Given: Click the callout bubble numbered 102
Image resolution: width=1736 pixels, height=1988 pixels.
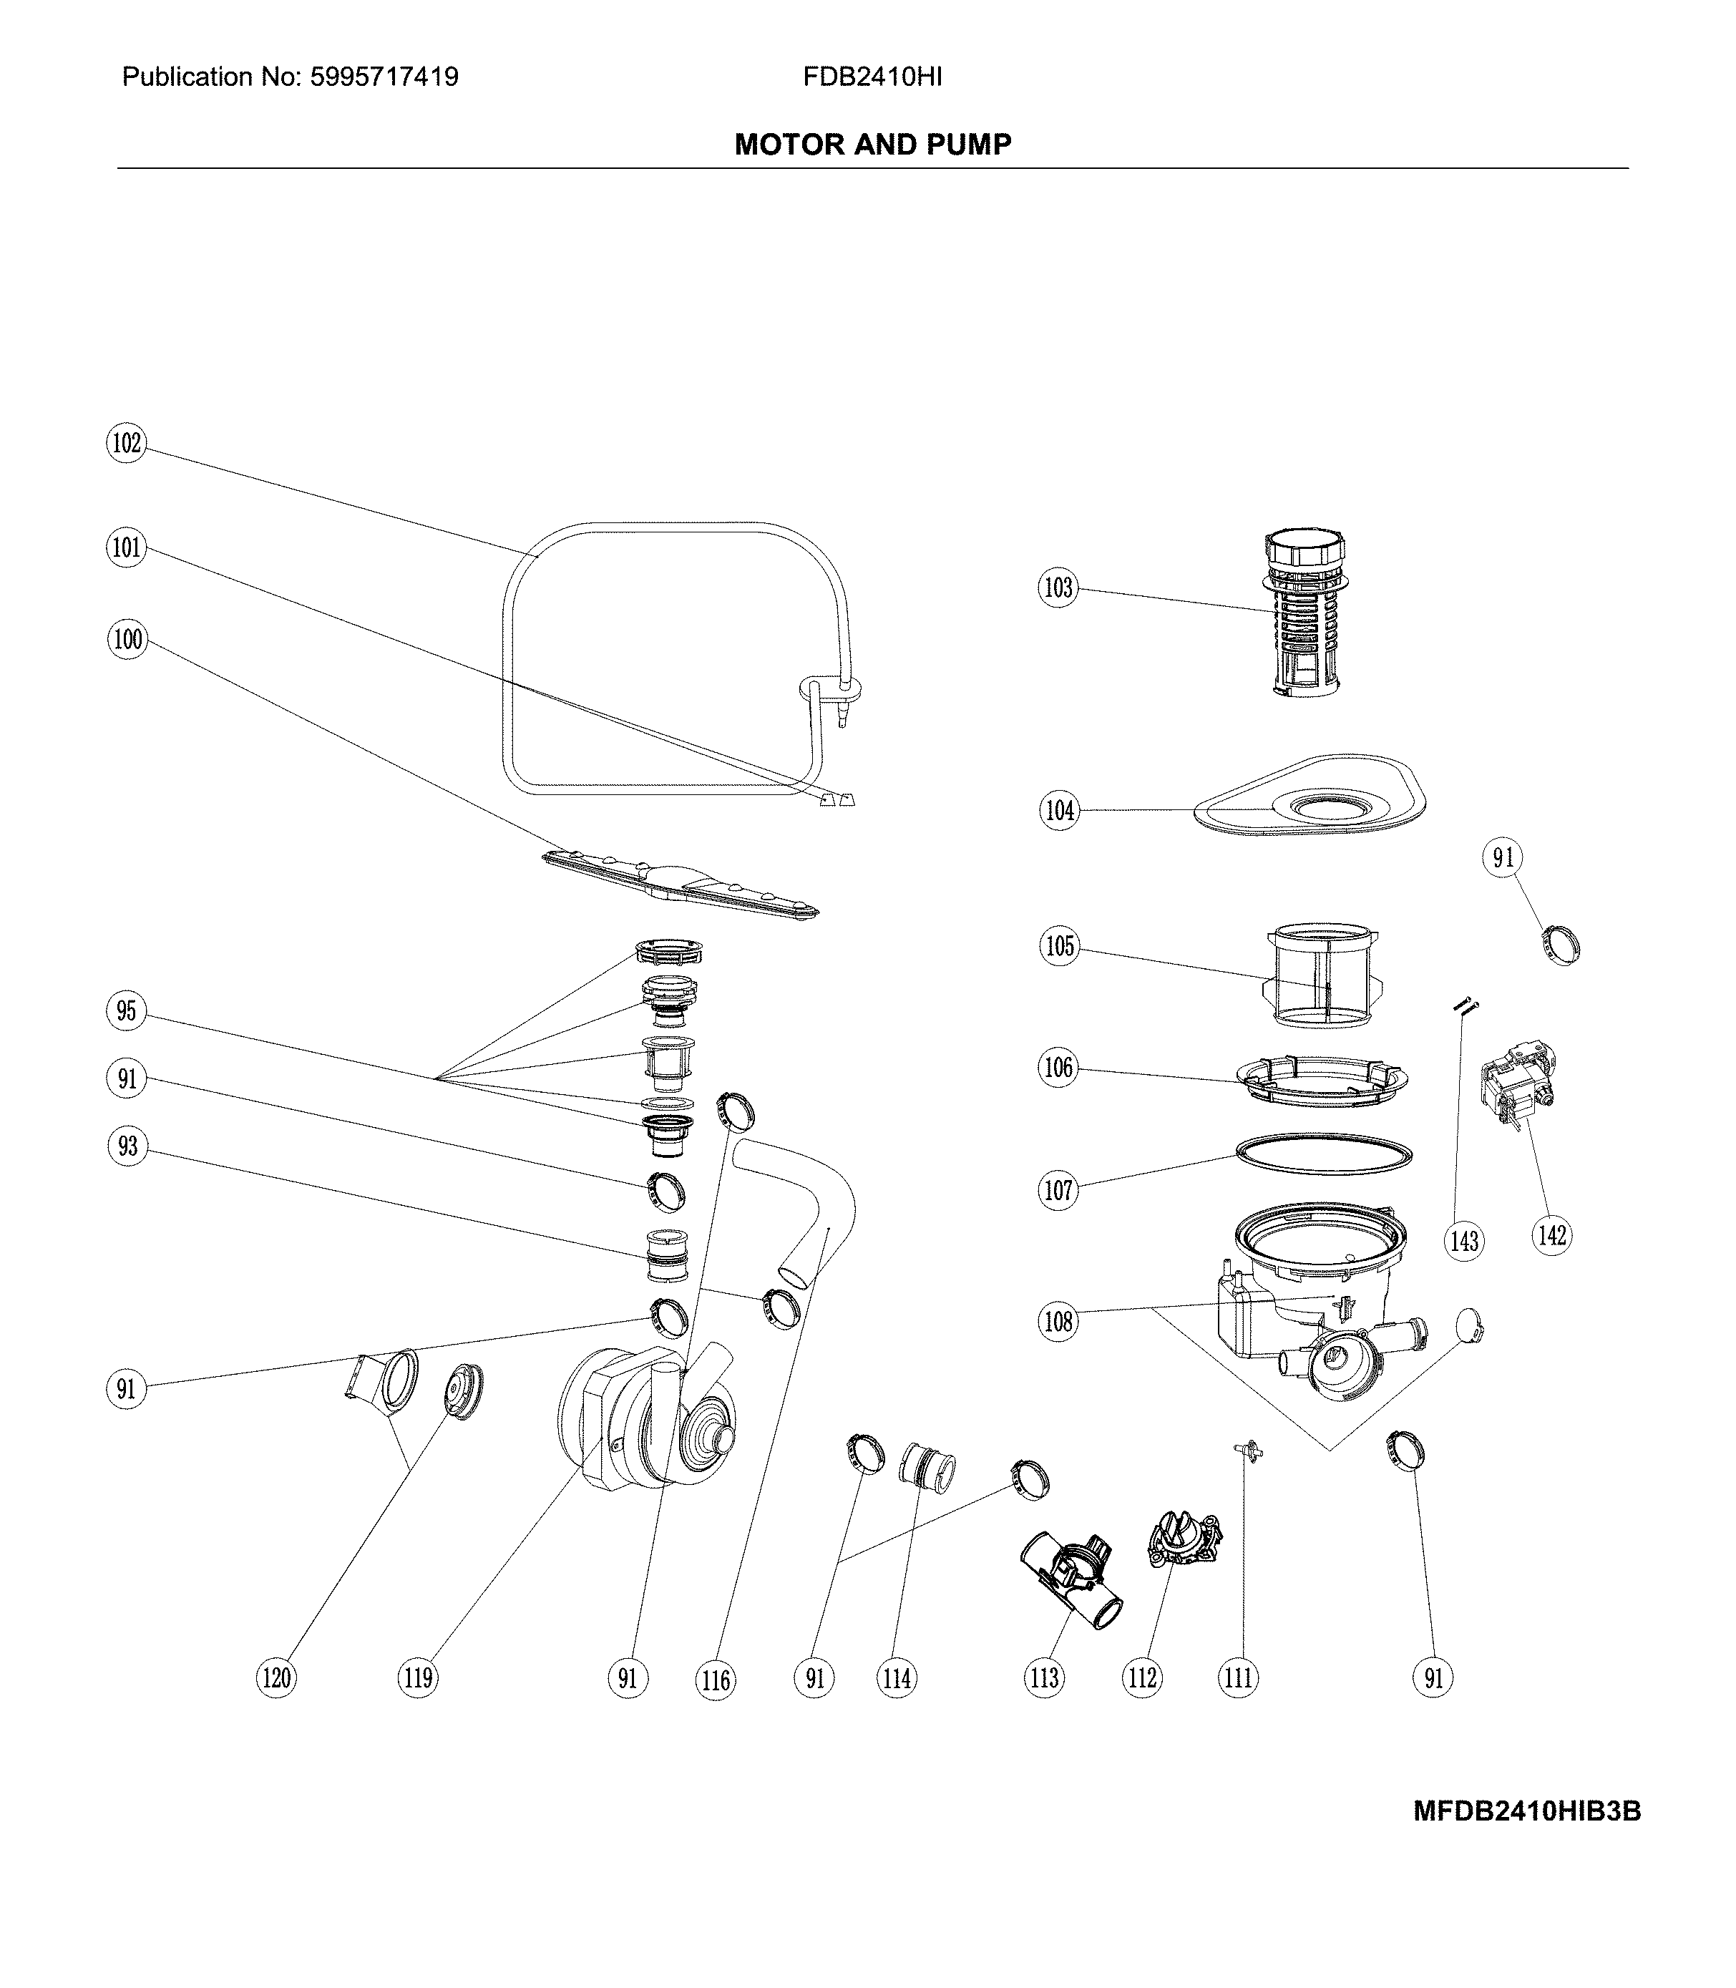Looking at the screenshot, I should click(127, 444).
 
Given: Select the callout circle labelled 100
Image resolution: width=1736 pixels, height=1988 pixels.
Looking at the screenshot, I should click(127, 640).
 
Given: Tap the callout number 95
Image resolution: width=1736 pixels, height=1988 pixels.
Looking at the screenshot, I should click(127, 1011).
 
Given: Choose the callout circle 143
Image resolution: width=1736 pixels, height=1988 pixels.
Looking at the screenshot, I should click(1464, 1240).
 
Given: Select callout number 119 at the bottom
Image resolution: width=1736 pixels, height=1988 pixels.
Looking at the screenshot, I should click(419, 1677).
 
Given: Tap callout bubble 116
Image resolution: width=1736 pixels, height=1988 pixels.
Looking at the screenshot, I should click(716, 1679).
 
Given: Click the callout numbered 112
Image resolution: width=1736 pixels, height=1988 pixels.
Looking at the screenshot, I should click(1142, 1677).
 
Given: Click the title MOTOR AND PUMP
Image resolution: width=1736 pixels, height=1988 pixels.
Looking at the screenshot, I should click(873, 145).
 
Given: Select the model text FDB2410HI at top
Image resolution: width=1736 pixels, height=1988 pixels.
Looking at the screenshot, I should click(872, 77).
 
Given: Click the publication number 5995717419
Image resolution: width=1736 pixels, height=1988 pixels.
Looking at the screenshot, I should click(384, 77).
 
